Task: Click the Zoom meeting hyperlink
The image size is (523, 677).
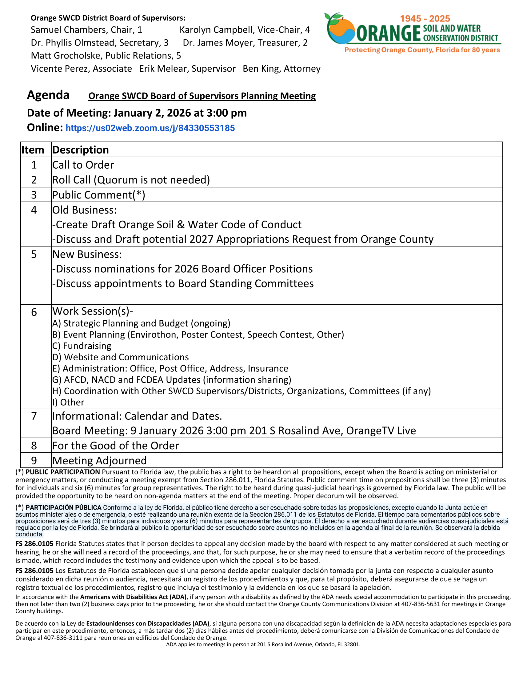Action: pyautogui.click(x=150, y=128)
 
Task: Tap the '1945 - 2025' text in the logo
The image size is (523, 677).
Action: pyautogui.click(x=425, y=18)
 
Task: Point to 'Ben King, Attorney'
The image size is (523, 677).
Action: pyautogui.click(x=281, y=69)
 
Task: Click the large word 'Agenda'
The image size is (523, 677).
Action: pyautogui.click(x=48, y=95)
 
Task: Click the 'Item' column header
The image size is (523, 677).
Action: pyautogui.click(x=33, y=150)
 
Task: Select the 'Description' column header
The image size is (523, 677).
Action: pyautogui.click(x=81, y=150)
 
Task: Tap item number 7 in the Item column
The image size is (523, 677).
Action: pyautogui.click(x=34, y=416)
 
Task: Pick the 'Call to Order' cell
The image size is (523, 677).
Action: pyautogui.click(x=83, y=165)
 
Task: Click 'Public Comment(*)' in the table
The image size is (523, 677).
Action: pyautogui.click(x=98, y=195)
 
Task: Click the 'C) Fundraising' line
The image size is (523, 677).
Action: pyautogui.click(x=82, y=346)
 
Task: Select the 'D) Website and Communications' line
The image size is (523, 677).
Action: pyautogui.click(x=121, y=357)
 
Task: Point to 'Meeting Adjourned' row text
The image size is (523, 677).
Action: pyautogui.click(x=99, y=460)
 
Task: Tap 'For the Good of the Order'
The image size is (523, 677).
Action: pyautogui.click(x=116, y=446)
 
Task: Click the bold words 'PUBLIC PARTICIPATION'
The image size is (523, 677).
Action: pyautogui.click(x=62, y=472)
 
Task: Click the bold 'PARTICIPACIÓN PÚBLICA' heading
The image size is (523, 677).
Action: pyautogui.click(x=63, y=507)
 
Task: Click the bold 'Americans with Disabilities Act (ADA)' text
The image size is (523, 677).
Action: pyautogui.click(x=133, y=597)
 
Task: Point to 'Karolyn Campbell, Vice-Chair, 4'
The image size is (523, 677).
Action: pyautogui.click(x=245, y=30)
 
